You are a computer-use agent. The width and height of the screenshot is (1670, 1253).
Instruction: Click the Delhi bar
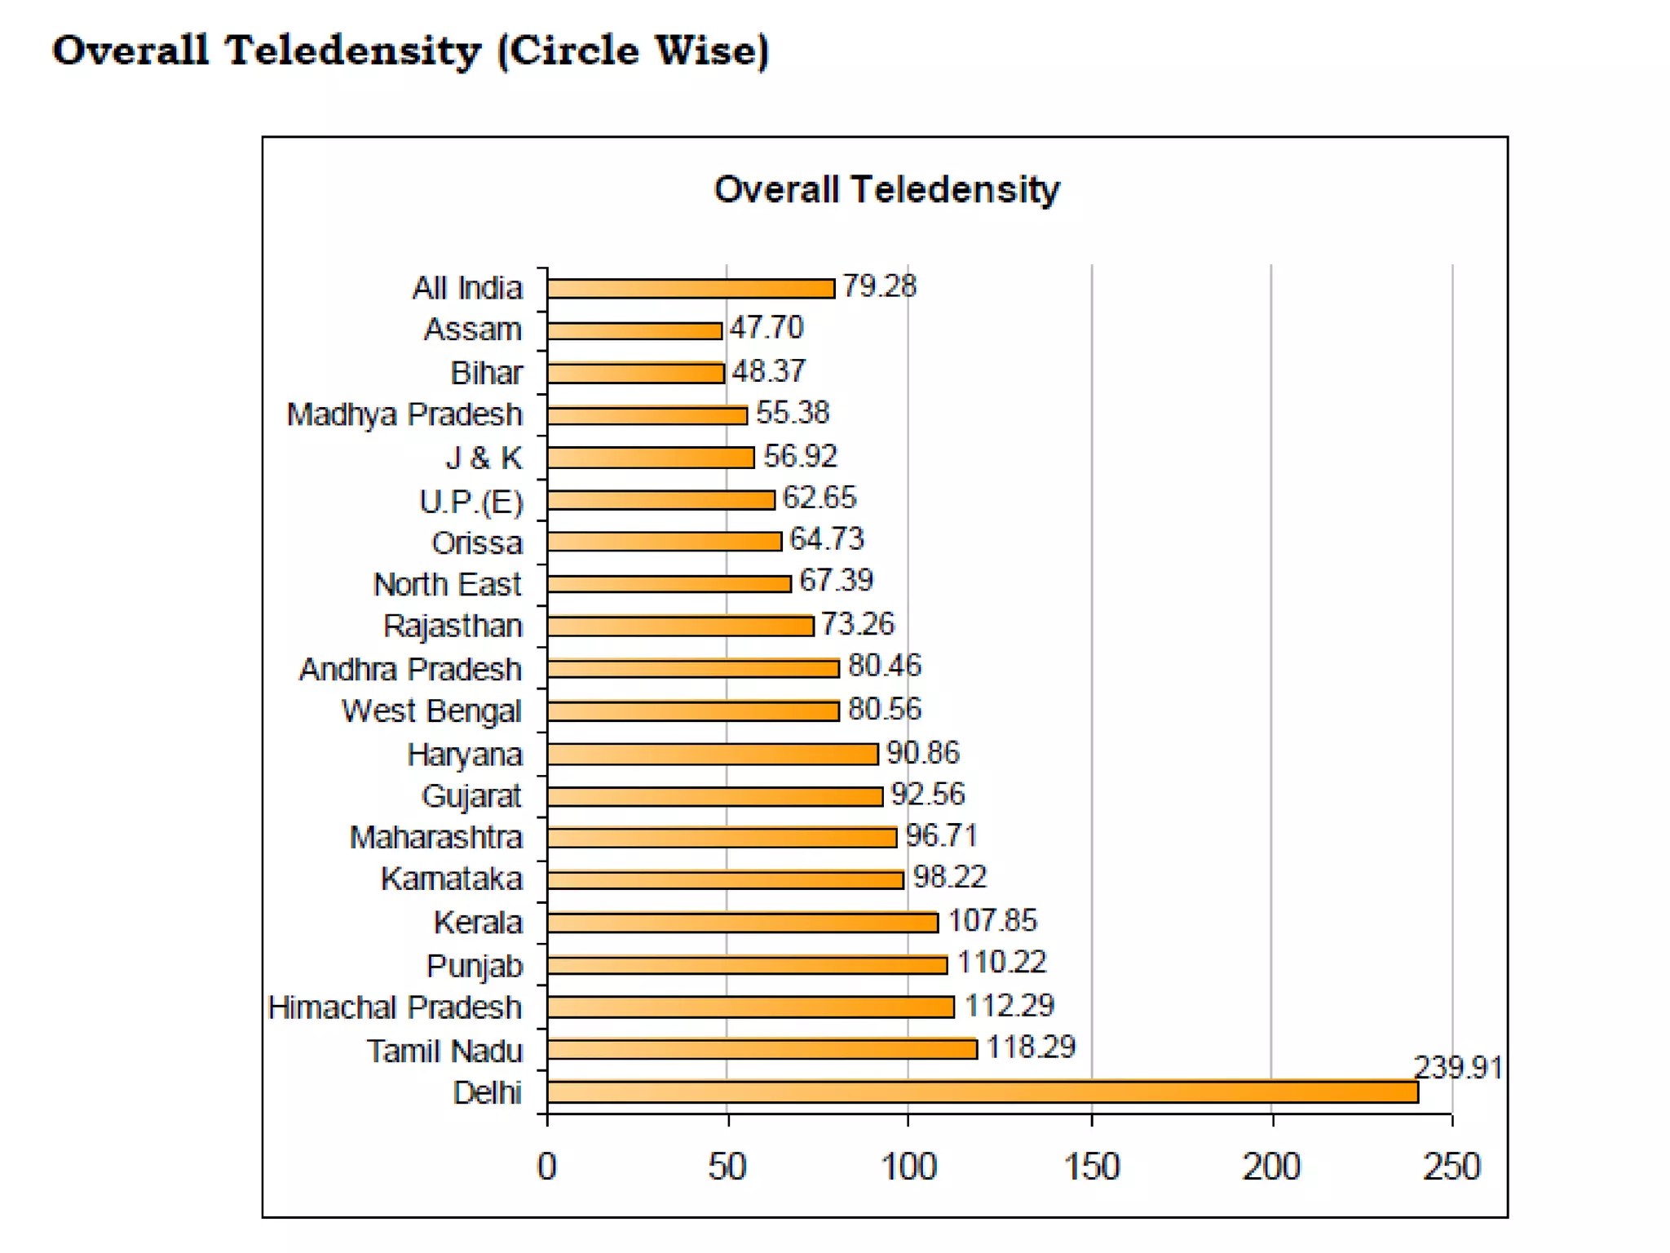tap(982, 1091)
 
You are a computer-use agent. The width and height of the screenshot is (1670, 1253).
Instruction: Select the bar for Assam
tap(634, 330)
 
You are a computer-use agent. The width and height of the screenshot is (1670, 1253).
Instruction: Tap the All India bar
tap(691, 288)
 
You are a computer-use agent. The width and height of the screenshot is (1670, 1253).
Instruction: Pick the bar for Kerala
tap(742, 922)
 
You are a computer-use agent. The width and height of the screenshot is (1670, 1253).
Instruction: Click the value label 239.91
tap(1457, 1067)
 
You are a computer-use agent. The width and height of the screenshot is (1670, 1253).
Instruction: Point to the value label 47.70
tap(766, 328)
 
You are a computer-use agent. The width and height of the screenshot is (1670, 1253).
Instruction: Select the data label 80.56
tap(884, 709)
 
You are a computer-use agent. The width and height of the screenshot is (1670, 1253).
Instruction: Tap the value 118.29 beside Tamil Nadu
tap(1031, 1047)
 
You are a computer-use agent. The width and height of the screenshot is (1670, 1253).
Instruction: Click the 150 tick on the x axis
tap(1091, 1166)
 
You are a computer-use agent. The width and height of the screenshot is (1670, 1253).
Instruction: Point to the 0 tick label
tap(546, 1166)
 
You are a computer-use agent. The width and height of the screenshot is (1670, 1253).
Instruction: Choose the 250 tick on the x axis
tap(1451, 1166)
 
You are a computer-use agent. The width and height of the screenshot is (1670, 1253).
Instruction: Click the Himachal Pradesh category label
tap(395, 1007)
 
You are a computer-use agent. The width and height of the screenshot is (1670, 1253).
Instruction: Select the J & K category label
tap(484, 458)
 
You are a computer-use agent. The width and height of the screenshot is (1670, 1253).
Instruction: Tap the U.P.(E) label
tap(471, 501)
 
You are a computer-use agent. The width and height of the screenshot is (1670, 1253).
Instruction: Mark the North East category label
tap(447, 584)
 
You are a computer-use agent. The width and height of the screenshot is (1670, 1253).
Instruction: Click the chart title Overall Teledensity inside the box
tap(886, 189)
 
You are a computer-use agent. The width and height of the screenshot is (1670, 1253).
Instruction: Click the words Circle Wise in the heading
tap(634, 51)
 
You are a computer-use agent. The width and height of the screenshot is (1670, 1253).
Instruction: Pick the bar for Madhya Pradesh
tap(647, 415)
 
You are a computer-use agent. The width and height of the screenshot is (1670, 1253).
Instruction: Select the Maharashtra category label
tap(435, 838)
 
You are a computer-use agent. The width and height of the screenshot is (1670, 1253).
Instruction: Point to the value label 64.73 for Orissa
tap(826, 539)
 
